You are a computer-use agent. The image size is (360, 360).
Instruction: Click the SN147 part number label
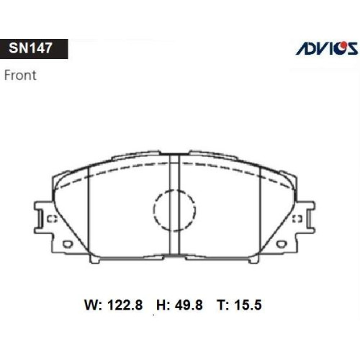click(x=30, y=48)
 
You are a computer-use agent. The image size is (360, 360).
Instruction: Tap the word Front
click(x=20, y=75)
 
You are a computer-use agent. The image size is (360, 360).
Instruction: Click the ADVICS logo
click(x=327, y=48)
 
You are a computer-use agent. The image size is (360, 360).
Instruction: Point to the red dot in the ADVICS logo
click(x=344, y=45)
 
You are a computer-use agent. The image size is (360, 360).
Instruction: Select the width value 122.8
click(x=125, y=305)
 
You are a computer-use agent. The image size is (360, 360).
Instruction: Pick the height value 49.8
click(x=189, y=305)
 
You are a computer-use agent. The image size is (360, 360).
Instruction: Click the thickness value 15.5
click(x=248, y=305)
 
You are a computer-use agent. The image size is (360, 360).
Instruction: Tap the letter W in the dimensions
click(x=91, y=305)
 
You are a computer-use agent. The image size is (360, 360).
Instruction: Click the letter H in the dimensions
click(x=162, y=305)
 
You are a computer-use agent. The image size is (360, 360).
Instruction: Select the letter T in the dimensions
click(x=222, y=305)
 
